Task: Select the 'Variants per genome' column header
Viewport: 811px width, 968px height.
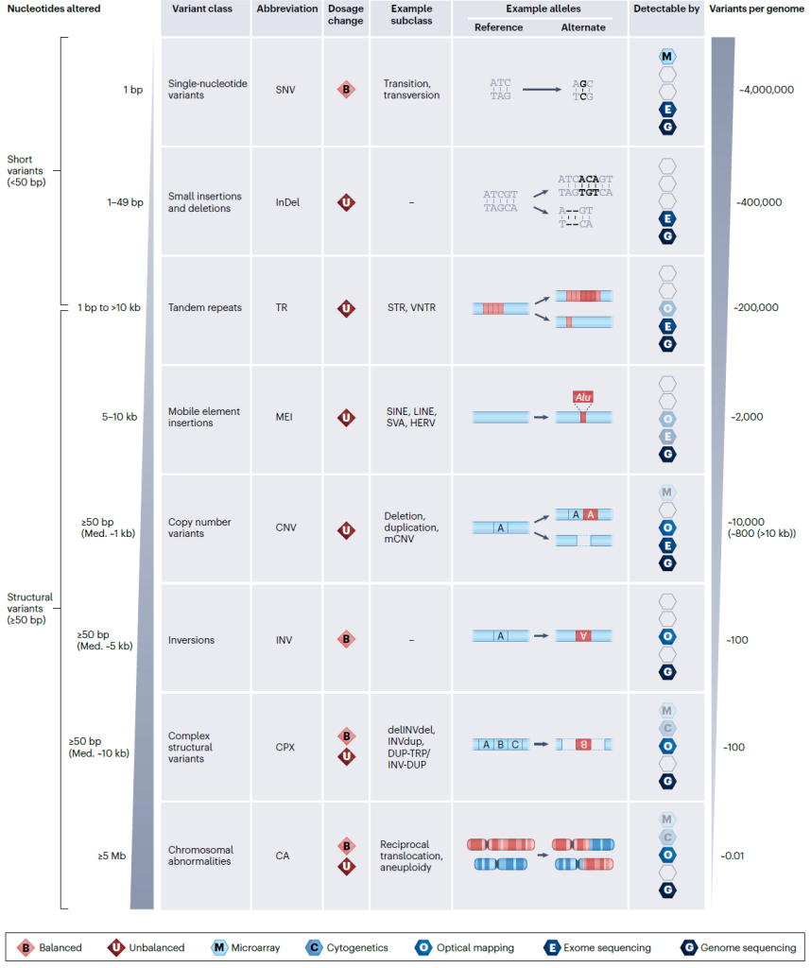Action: pyautogui.click(x=757, y=8)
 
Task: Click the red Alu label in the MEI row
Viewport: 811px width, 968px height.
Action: pyautogui.click(x=583, y=399)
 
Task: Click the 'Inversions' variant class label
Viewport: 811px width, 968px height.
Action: pyautogui.click(x=191, y=640)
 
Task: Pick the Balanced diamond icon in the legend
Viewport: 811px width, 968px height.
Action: pyautogui.click(x=27, y=947)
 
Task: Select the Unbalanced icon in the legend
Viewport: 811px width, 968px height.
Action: pyautogui.click(x=116, y=947)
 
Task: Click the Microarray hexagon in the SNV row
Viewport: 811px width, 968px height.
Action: pyautogui.click(x=667, y=57)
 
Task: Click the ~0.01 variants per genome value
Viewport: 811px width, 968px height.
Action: pyautogui.click(x=733, y=856)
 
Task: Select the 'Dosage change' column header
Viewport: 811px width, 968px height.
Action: pyautogui.click(x=345, y=14)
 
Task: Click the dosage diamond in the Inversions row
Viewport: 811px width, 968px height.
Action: pyautogui.click(x=346, y=640)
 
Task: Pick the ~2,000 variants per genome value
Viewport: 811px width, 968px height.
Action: pyautogui.click(x=747, y=417)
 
